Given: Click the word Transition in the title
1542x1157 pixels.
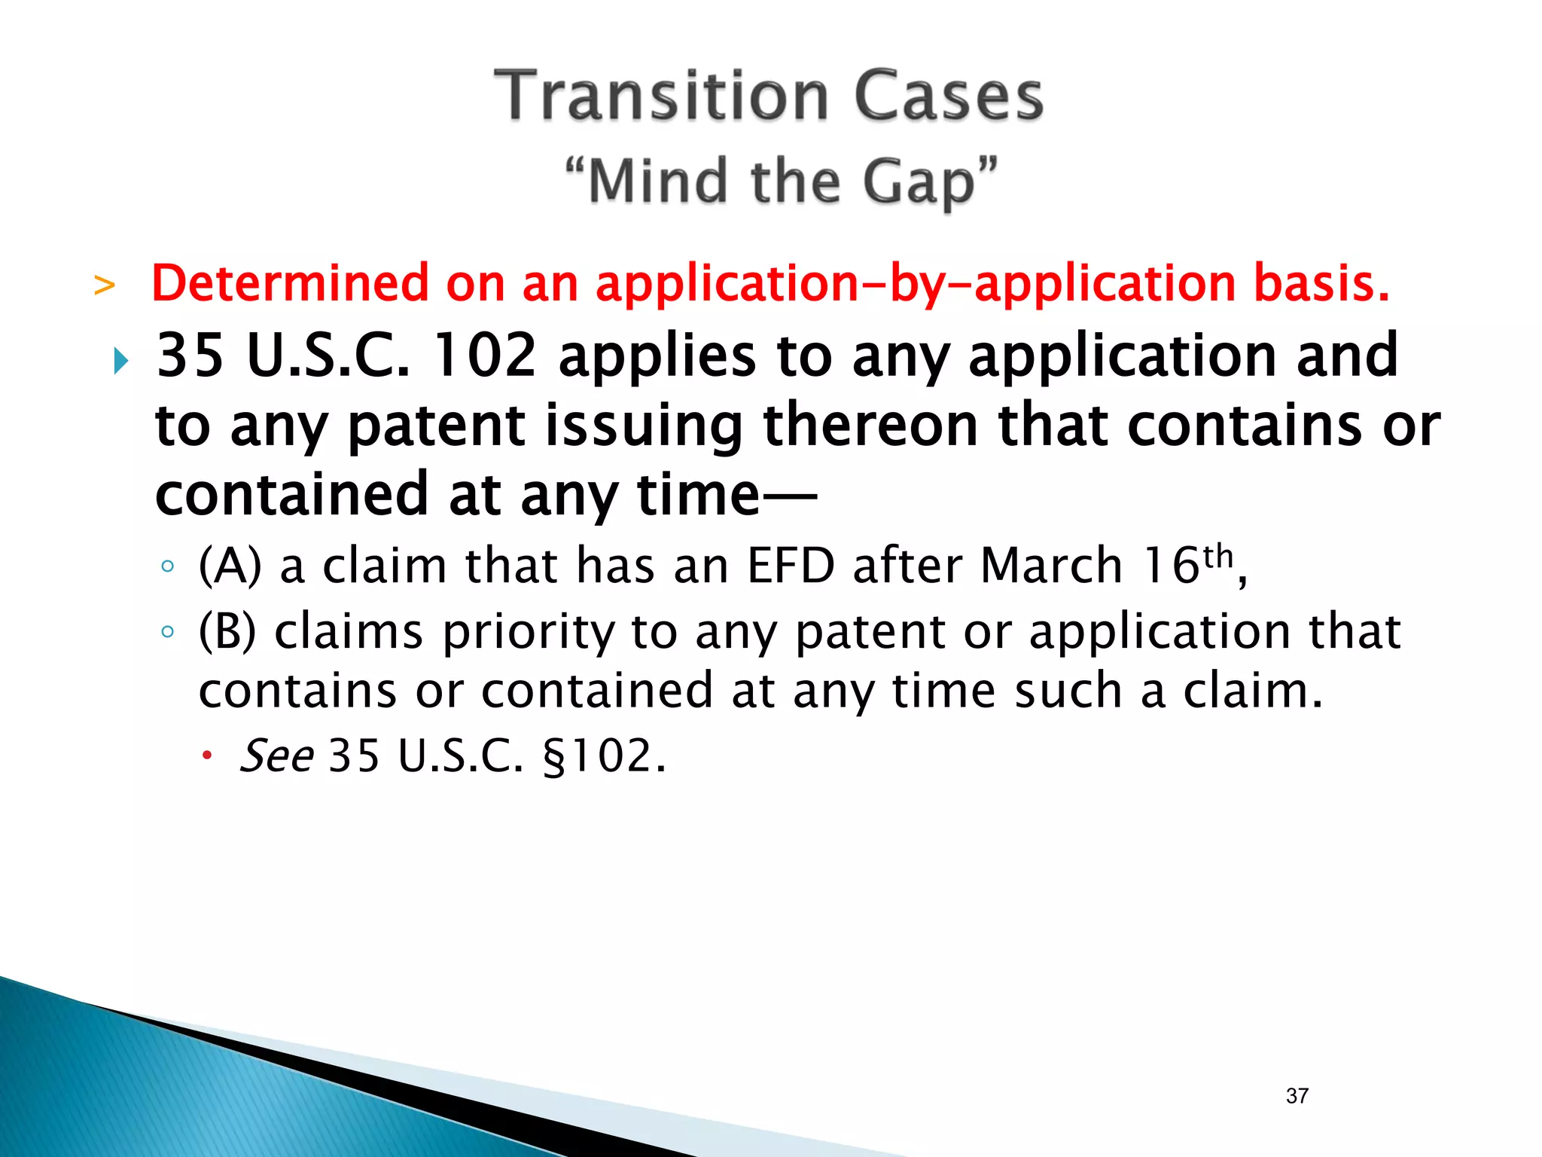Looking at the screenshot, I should tap(661, 96).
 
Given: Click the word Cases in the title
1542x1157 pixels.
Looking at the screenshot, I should tap(949, 96).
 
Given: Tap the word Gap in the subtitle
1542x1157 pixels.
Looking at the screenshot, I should tap(919, 183).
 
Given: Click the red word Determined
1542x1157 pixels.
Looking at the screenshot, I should tap(290, 284).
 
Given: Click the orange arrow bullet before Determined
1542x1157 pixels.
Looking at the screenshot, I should tap(105, 286).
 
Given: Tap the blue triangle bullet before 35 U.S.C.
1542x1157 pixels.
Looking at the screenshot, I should tap(120, 362).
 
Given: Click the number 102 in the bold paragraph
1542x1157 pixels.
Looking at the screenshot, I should tap(486, 356).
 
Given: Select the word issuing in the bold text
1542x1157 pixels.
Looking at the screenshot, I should tap(644, 426).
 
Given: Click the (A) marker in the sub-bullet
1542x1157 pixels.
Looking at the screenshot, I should tap(230, 566).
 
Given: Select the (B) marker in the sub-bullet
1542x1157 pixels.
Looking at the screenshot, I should tap(227, 631).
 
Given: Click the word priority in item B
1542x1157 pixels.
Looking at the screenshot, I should tap(529, 633).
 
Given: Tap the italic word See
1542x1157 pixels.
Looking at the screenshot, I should tap(276, 756).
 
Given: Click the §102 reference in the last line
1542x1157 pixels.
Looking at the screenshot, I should tap(604, 756).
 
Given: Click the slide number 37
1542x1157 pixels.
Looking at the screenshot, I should tap(1297, 1096).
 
